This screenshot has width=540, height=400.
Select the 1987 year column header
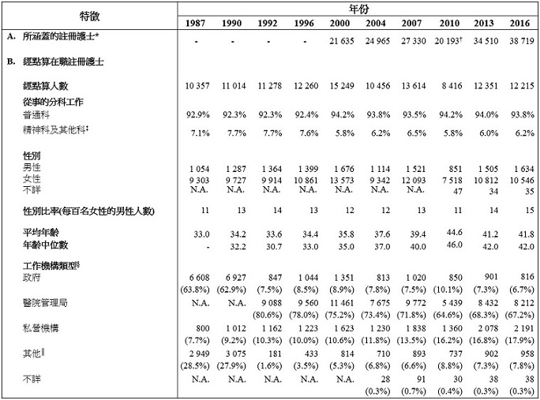(197, 22)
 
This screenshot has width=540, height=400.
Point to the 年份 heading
(358, 7)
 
